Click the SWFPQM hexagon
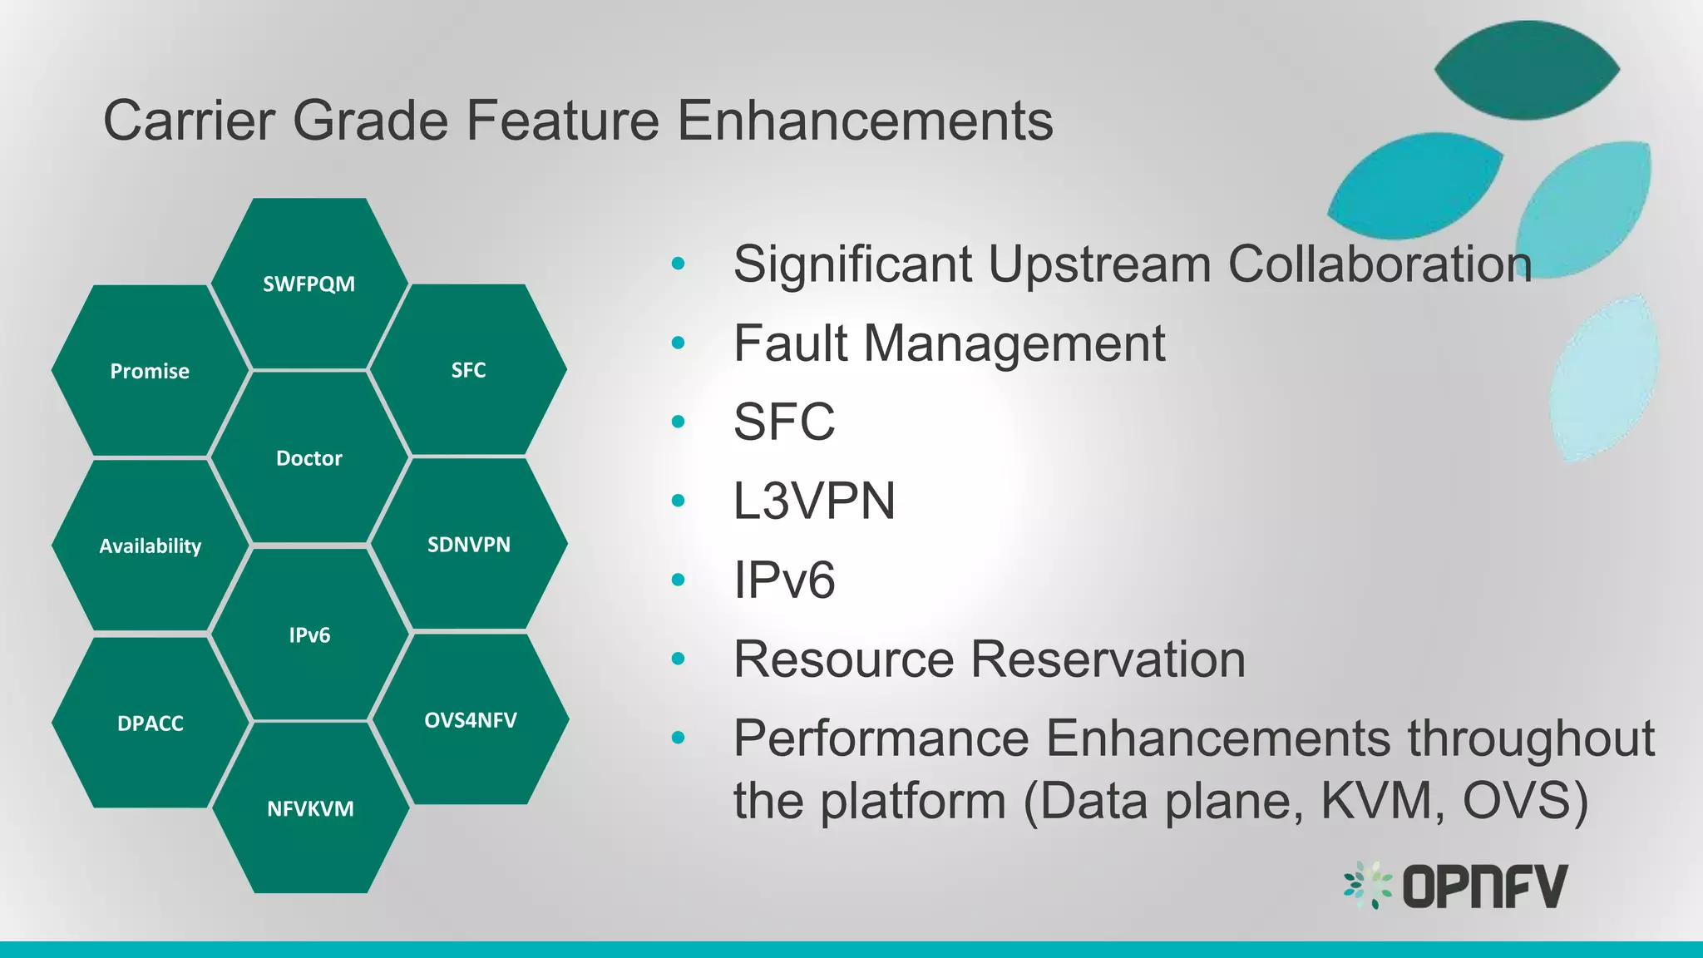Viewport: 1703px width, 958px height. (309, 284)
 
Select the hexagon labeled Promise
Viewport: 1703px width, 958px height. (150, 371)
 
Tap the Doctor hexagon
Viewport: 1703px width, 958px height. (309, 457)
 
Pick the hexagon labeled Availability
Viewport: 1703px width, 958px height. (150, 546)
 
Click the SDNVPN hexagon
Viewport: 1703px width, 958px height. (468, 544)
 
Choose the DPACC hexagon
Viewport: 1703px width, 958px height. (150, 723)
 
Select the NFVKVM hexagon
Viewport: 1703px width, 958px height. (310, 808)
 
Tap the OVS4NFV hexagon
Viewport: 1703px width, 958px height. (470, 719)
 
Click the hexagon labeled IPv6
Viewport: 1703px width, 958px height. (309, 635)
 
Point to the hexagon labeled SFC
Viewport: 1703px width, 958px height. (468, 370)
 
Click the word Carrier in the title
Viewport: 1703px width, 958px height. (189, 121)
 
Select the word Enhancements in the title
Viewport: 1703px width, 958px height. (865, 121)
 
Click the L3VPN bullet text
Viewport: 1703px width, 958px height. (813, 501)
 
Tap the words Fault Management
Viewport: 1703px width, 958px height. (949, 343)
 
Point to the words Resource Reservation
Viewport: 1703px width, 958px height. (989, 659)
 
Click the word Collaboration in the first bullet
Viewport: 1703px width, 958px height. (1380, 264)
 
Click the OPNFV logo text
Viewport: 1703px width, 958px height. (1484, 886)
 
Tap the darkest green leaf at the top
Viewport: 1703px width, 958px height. (1527, 70)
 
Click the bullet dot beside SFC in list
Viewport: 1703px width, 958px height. (678, 422)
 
